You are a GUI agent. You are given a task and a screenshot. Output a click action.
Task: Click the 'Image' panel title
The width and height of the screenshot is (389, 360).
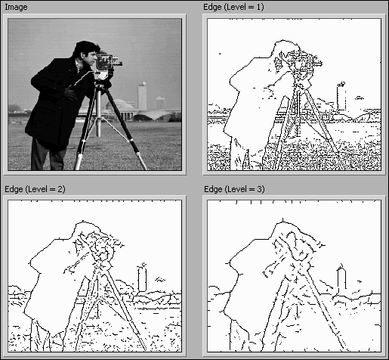16,7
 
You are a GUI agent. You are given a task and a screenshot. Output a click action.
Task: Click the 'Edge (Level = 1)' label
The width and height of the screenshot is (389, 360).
233,7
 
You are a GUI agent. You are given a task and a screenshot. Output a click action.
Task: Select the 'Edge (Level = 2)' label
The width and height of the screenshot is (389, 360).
35,189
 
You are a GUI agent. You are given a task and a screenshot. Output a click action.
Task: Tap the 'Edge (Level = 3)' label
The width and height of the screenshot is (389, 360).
234,189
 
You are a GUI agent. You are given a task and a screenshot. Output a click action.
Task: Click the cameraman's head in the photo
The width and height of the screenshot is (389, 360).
86,52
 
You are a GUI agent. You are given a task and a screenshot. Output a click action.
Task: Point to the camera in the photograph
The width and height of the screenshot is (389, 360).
108,61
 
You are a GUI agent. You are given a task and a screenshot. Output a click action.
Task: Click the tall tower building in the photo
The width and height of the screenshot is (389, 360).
142,96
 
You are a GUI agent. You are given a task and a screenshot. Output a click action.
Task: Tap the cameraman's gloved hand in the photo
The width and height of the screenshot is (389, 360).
70,93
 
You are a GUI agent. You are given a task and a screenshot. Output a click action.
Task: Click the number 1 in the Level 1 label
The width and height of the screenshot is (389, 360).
260,7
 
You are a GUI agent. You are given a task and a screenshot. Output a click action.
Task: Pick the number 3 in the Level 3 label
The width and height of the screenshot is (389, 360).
261,189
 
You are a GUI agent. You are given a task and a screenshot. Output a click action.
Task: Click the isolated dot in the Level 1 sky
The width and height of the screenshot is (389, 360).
220,54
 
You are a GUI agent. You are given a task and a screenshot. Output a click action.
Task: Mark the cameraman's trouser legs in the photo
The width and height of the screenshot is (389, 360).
48,155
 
